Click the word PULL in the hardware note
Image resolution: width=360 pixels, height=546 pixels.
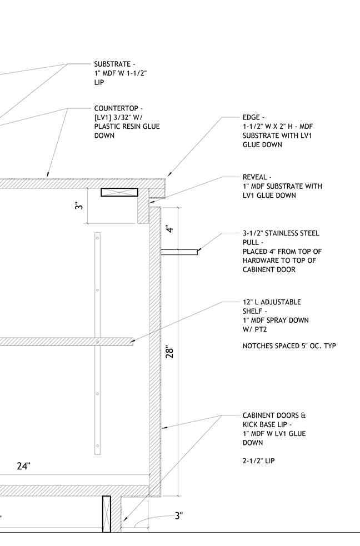251,243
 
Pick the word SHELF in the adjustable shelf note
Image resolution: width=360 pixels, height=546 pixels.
253,311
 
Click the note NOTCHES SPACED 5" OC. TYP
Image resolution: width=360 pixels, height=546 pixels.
289,346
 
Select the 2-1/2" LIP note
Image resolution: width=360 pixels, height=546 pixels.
258,461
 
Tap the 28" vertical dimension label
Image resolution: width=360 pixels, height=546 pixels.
171,352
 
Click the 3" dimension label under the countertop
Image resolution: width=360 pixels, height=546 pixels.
80,205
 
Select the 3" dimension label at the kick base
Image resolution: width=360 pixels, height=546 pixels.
178,516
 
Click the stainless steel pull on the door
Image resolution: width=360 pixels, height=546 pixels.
179,252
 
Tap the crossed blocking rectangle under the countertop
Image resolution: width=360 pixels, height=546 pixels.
119,192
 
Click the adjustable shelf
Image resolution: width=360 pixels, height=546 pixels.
67,341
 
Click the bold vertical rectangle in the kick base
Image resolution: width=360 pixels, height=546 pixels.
107,514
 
